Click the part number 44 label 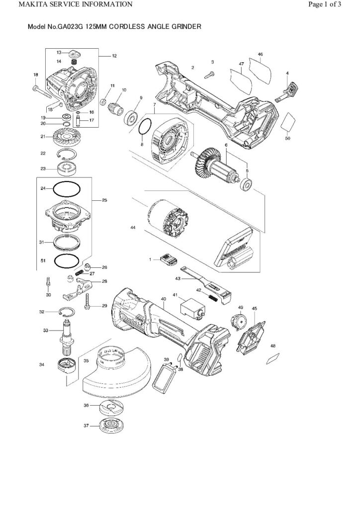tap(132, 227)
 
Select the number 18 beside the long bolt tap(35, 75)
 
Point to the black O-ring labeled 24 tap(67, 189)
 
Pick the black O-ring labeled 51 tap(67, 260)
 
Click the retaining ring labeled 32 tap(66, 312)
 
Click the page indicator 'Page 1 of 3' tap(324, 5)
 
